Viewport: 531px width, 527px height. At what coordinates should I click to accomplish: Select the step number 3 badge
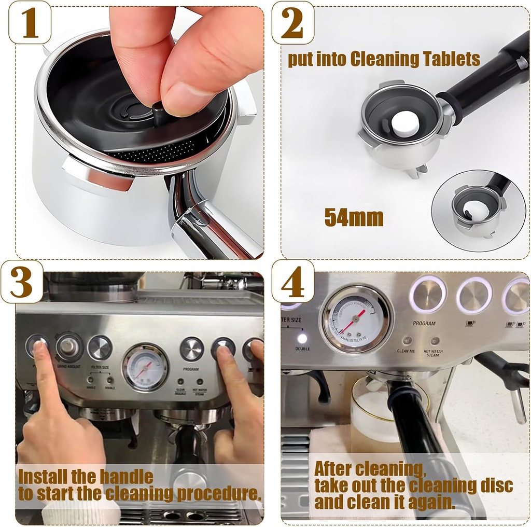tap(21, 281)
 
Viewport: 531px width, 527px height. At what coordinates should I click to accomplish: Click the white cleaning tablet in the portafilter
tap(404, 123)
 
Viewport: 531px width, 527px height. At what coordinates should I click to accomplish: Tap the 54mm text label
tap(354, 217)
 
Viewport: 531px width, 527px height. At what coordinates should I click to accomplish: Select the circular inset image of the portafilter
tap(478, 211)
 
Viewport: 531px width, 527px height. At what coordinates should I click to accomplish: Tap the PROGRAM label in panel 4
tap(424, 323)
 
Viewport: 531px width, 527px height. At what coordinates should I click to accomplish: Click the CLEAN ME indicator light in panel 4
tap(407, 341)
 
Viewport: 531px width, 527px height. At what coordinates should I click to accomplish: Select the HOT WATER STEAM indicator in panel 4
tap(435, 341)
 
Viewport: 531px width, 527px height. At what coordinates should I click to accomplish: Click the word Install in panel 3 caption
tap(41, 476)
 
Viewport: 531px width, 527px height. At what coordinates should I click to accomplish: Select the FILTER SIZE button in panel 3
tap(100, 348)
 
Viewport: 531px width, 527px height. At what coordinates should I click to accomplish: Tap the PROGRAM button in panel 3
tap(191, 349)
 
